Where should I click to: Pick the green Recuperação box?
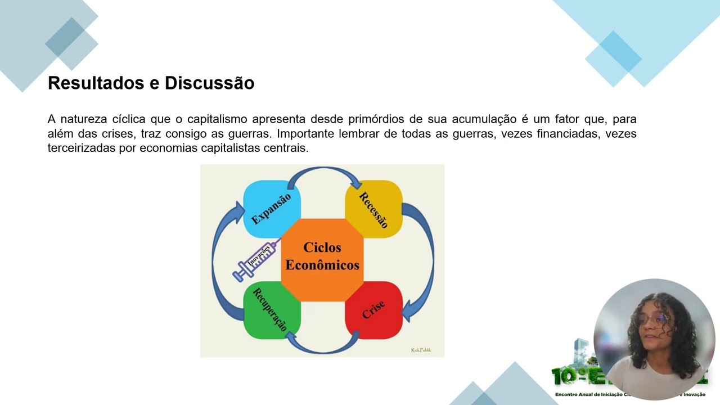(x=272, y=310)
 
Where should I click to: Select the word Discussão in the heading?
(x=209, y=83)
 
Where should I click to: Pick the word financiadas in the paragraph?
(x=557, y=134)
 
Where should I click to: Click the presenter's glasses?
(x=650, y=319)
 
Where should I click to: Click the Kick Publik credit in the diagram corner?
(x=421, y=350)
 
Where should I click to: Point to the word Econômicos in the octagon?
(x=322, y=265)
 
